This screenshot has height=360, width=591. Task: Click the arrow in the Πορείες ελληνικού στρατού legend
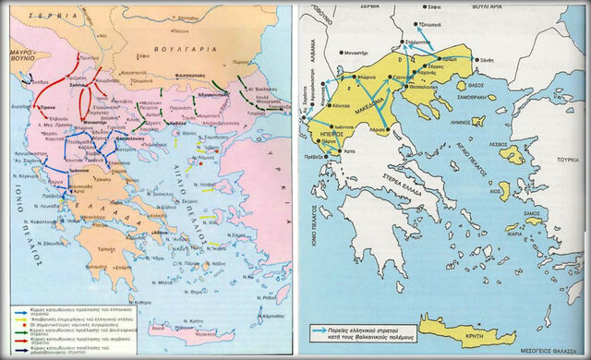325,330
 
